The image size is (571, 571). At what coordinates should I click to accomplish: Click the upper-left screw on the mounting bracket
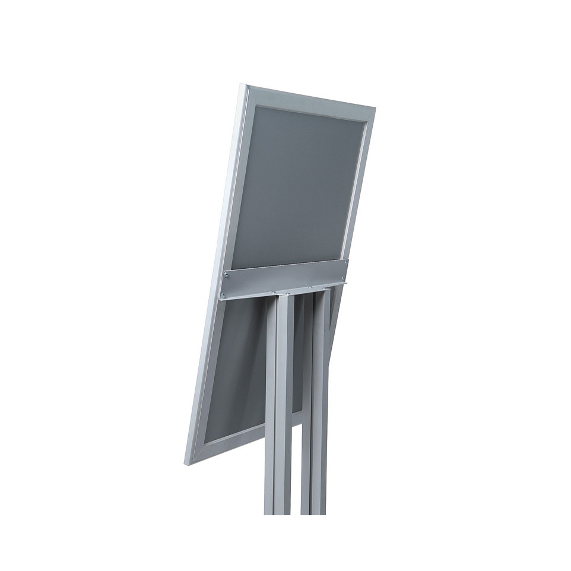click(x=226, y=274)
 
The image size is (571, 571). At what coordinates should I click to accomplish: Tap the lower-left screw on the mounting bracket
click(x=224, y=295)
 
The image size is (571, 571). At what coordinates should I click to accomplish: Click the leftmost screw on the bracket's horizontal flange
click(x=274, y=292)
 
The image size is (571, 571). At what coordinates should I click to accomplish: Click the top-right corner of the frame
click(x=374, y=109)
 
